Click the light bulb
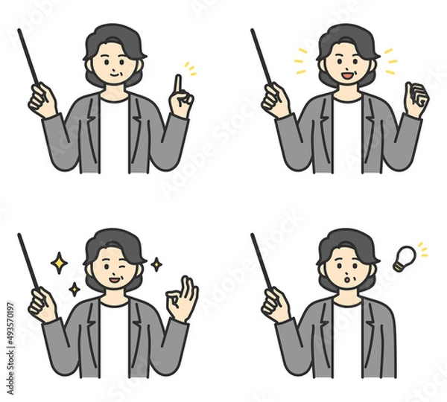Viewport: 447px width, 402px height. pyautogui.click(x=403, y=257)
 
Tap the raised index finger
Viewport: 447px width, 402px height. pyautogui.click(x=177, y=86)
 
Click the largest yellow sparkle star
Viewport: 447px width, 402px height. pyautogui.click(x=58, y=262)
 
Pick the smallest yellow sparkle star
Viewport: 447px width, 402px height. pyautogui.click(x=74, y=288)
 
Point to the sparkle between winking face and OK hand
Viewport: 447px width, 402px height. pyautogui.click(x=156, y=264)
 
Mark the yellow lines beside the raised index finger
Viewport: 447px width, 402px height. pyautogui.click(x=191, y=70)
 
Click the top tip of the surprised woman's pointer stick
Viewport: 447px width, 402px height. pyautogui.click(x=253, y=236)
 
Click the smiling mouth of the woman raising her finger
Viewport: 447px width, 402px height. pyautogui.click(x=115, y=74)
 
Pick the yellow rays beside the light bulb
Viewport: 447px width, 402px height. pyautogui.click(x=422, y=250)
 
